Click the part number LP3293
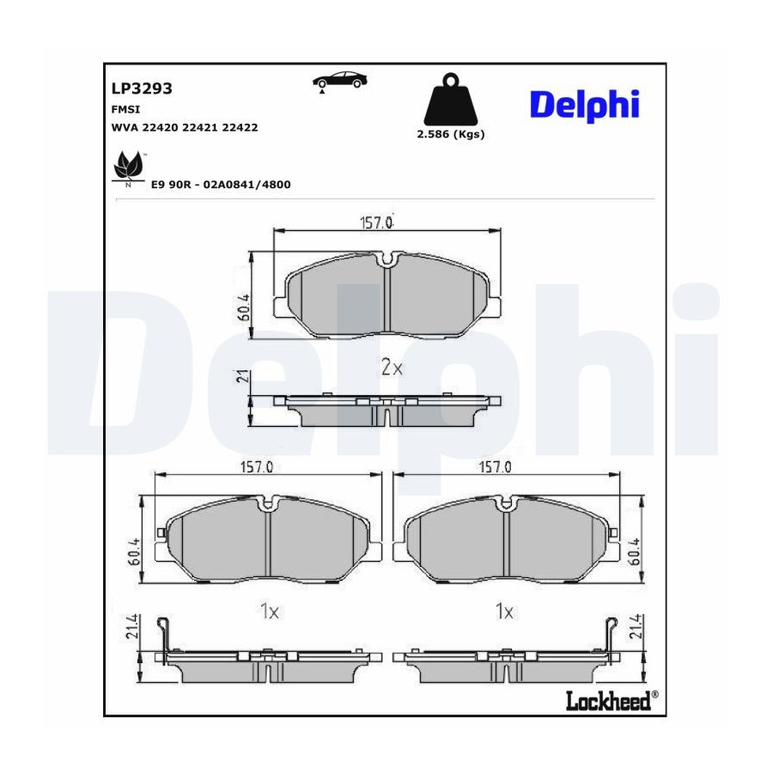[142, 88]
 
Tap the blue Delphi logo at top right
[585, 106]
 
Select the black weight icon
[451, 99]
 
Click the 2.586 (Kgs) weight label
[451, 134]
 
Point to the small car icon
[339, 81]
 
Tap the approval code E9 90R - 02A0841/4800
[221, 185]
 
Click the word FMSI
[125, 109]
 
